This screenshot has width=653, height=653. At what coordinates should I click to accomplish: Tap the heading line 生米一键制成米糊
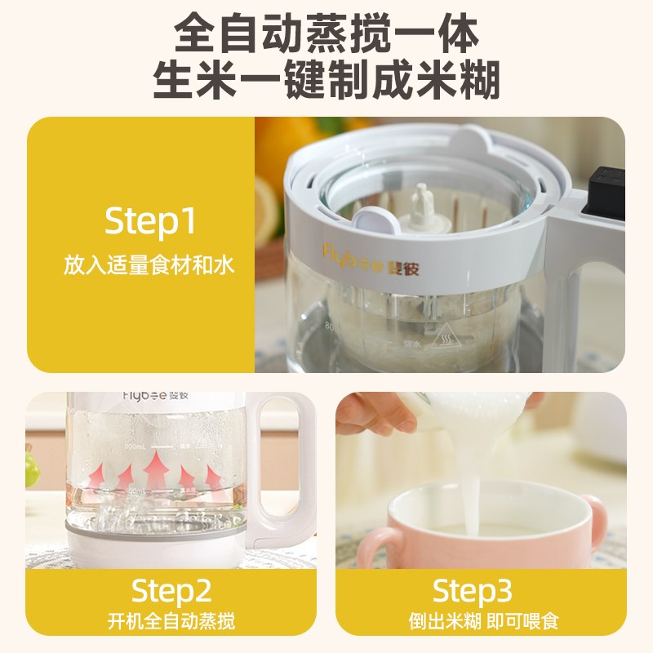click(x=326, y=82)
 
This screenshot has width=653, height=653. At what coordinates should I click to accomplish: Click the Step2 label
click(x=171, y=589)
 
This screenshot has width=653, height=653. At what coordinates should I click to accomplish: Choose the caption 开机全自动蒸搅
click(x=171, y=621)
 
